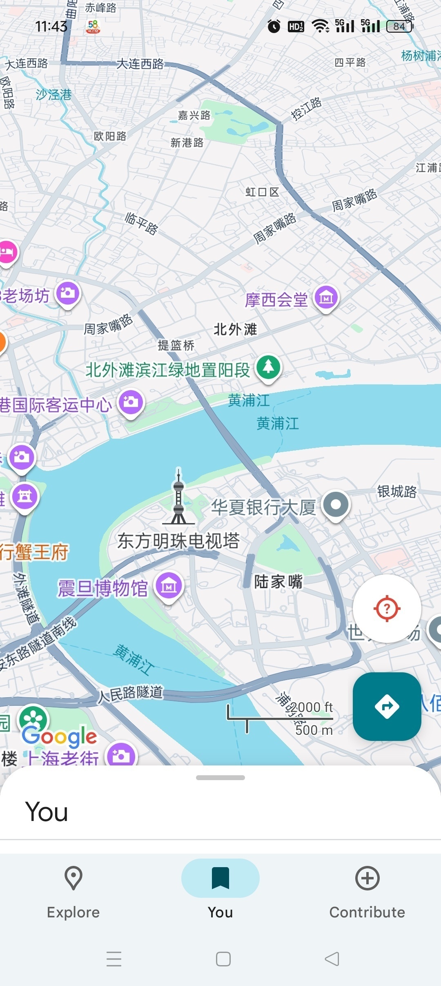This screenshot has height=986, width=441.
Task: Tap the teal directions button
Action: [x=387, y=706]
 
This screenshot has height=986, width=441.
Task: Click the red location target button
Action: [x=387, y=609]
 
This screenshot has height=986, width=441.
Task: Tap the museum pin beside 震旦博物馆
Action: [x=169, y=586]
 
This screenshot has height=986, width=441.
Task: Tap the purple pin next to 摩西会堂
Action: [x=326, y=297]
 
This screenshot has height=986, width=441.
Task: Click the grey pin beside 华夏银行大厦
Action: [x=336, y=505]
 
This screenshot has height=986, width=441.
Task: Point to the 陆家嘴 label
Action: [x=278, y=582]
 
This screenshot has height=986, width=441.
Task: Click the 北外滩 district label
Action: [x=235, y=329]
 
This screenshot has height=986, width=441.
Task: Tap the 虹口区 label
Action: [x=262, y=192]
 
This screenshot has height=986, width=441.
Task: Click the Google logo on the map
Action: [x=60, y=736]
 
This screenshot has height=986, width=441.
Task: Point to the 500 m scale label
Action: [x=314, y=729]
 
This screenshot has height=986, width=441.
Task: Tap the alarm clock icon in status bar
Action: [x=274, y=27]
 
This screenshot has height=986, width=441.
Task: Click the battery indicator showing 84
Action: [x=399, y=27]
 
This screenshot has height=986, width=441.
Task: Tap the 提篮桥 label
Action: [x=176, y=346]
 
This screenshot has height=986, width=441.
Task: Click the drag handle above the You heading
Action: [x=220, y=778]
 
